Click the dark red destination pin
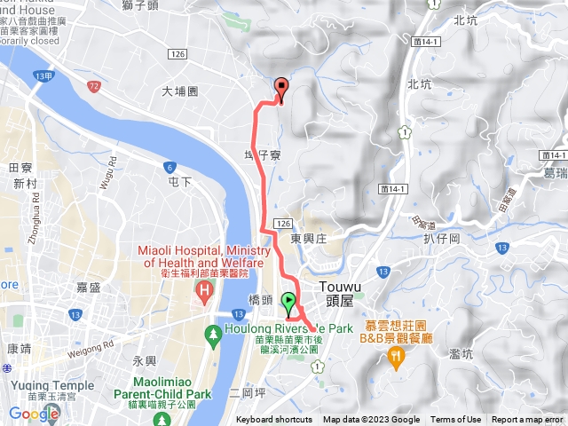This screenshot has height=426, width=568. [282, 89]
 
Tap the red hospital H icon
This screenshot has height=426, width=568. [206, 289]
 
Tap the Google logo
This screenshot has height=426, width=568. [34, 414]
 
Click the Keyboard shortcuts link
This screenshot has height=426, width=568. [274, 420]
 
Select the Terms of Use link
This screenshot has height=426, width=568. [456, 420]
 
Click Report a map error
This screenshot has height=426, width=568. [528, 420]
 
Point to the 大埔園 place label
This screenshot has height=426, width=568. [180, 91]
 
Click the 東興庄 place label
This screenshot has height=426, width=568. [309, 238]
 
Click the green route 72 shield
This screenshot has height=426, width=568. [94, 86]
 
